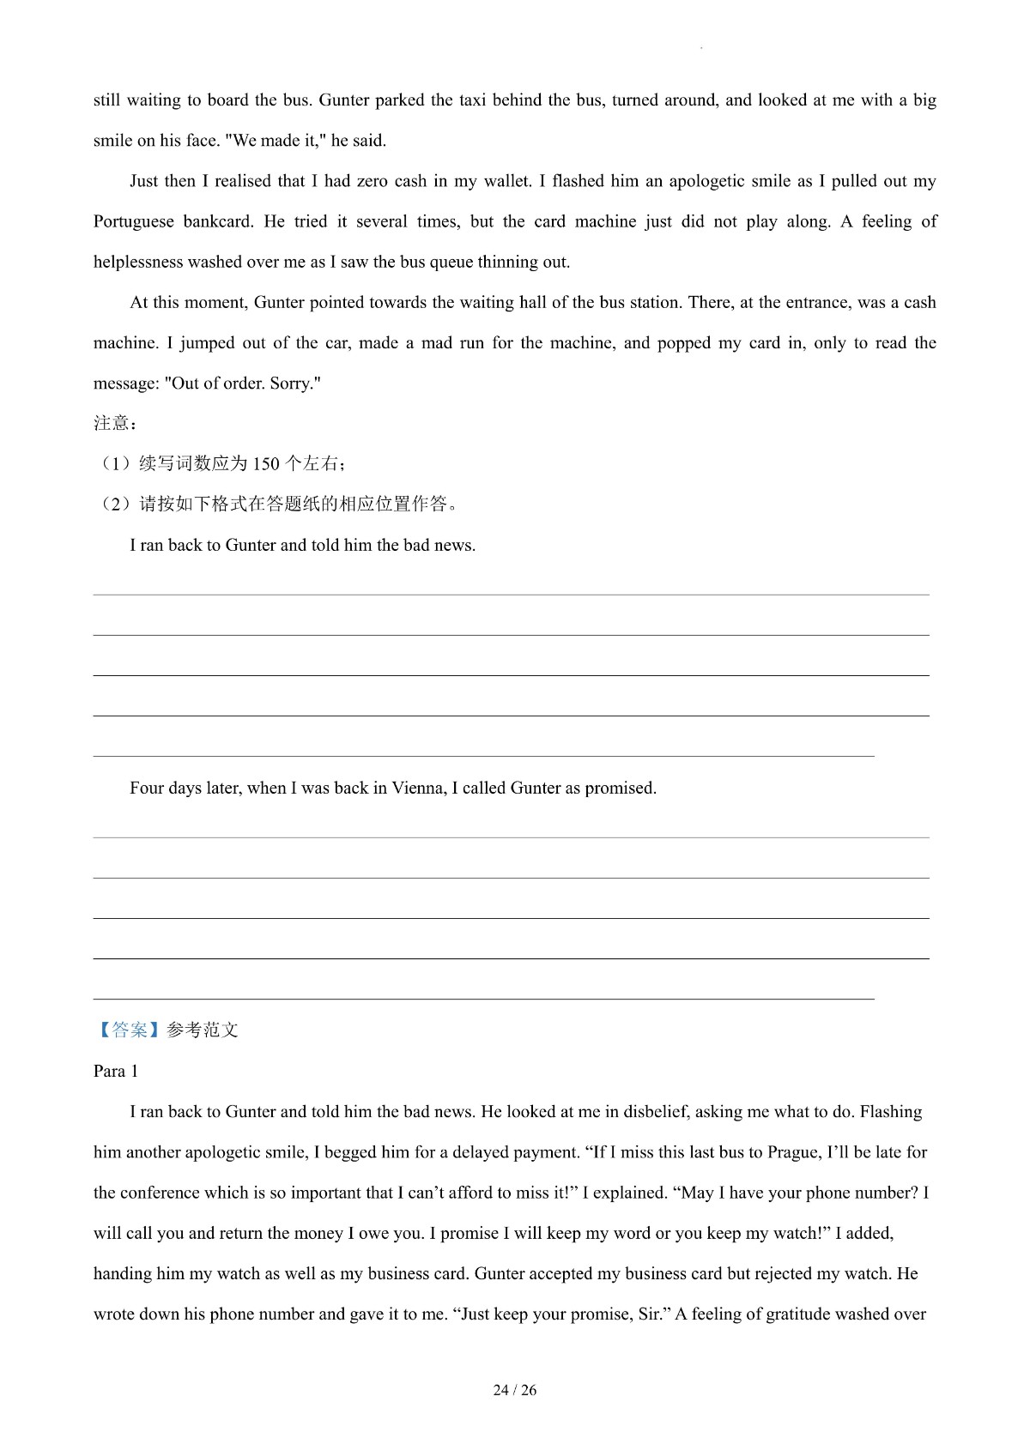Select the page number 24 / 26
click(x=515, y=1390)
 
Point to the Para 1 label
click(x=116, y=1072)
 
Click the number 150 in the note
click(x=266, y=464)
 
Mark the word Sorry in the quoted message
click(x=294, y=384)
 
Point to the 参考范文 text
click(x=203, y=1030)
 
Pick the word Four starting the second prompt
click(x=147, y=788)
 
